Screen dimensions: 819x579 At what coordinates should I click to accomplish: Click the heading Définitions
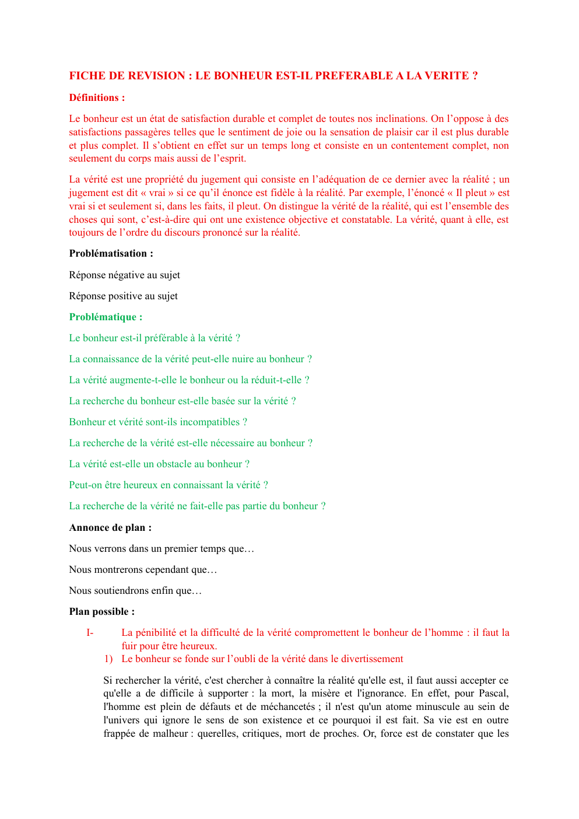pyautogui.click(x=97, y=98)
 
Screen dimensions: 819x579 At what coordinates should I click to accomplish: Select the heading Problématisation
pyautogui.click(x=111, y=254)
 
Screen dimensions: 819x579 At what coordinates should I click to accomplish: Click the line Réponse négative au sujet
pyautogui.click(x=124, y=275)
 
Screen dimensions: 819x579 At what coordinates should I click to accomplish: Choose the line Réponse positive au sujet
pyautogui.click(x=123, y=296)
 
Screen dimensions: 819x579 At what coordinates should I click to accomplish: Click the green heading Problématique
pyautogui.click(x=106, y=317)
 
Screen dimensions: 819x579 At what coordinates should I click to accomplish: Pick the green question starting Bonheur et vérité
pyautogui.click(x=157, y=422)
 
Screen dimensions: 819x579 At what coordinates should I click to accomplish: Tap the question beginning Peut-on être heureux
pyautogui.click(x=168, y=485)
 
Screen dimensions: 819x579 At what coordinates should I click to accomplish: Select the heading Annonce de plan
pyautogui.click(x=110, y=528)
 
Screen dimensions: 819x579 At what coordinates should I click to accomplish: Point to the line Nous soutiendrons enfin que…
pyautogui.click(x=135, y=591)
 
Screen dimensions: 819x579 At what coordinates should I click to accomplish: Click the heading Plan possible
pyautogui.click(x=101, y=612)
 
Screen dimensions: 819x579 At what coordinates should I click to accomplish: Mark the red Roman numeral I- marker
pyautogui.click(x=90, y=633)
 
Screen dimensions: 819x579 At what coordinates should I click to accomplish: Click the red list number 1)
pyautogui.click(x=108, y=659)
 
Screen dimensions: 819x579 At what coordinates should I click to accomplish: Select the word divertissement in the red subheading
pyautogui.click(x=372, y=659)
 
